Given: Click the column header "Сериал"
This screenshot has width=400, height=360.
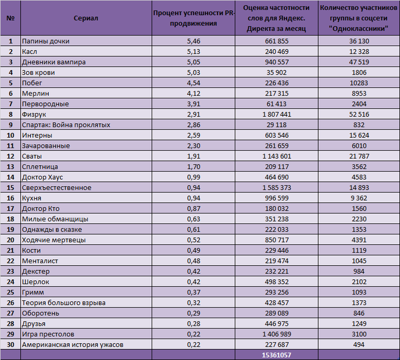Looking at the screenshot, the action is click(85, 18).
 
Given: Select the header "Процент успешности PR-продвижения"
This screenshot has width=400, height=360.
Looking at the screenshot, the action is click(194, 18).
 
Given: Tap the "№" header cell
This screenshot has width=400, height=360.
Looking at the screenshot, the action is click(10, 18).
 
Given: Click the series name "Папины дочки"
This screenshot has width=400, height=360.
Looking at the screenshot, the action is click(46, 41).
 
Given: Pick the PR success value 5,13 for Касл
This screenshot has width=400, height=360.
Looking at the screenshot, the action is click(194, 52).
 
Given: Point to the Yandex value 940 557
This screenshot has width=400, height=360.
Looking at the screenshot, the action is click(277, 62).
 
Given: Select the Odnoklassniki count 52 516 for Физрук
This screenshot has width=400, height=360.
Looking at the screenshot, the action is click(359, 115).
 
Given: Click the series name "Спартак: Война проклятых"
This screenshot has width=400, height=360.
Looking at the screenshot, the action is click(66, 125).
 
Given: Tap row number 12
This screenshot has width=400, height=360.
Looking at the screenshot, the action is click(10, 156).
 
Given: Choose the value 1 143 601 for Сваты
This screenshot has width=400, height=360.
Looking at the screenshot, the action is click(277, 156).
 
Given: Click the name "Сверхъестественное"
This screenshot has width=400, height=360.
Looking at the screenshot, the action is click(56, 187).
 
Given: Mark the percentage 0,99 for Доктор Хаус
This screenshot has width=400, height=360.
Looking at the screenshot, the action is click(194, 177).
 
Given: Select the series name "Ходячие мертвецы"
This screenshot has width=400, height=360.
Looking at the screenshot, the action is click(54, 240).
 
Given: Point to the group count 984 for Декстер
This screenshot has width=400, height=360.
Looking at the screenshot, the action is click(359, 271).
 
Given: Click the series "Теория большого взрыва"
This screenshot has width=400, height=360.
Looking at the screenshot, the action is click(64, 302).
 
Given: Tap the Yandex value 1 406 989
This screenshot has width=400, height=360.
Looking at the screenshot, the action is click(277, 334).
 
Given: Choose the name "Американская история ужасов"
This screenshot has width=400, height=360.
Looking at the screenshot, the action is click(73, 344).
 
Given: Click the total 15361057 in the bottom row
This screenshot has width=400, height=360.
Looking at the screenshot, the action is click(277, 355).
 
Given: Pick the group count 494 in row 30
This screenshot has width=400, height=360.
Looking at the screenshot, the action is click(359, 344).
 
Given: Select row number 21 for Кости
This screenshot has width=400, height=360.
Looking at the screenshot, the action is click(10, 250).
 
